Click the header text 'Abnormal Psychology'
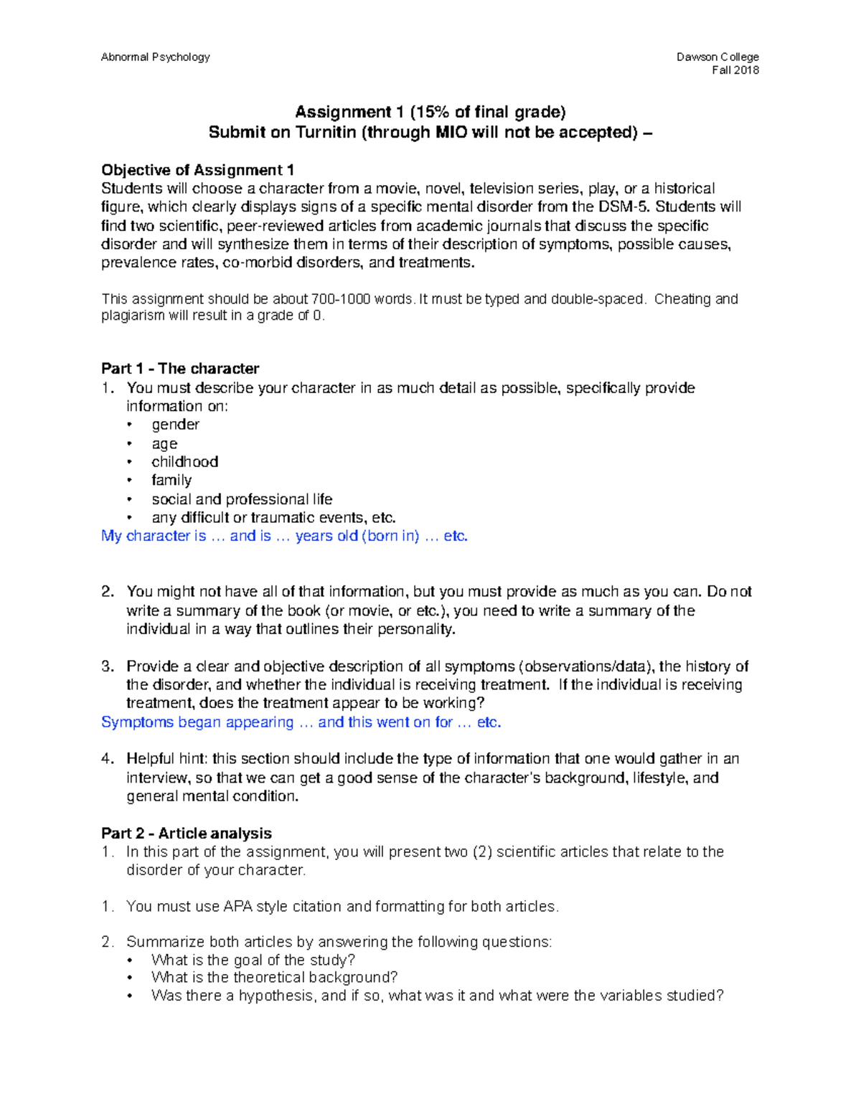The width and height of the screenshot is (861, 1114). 155,57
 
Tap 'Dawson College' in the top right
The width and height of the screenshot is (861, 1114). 717,57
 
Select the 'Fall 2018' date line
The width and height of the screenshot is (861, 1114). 735,70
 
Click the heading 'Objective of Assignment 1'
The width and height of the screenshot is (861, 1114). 197,170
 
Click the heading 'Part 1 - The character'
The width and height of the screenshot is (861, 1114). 180,369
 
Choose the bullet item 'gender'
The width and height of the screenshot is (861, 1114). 175,425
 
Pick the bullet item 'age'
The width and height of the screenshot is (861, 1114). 164,444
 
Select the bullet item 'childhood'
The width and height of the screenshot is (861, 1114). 184,462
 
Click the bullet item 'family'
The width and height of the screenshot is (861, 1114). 171,481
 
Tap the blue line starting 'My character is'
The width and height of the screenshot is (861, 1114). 284,536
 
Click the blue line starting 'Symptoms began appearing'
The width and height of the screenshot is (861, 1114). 301,722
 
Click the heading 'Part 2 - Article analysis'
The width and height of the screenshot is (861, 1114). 187,834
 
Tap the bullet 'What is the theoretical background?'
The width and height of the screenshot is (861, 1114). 274,978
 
